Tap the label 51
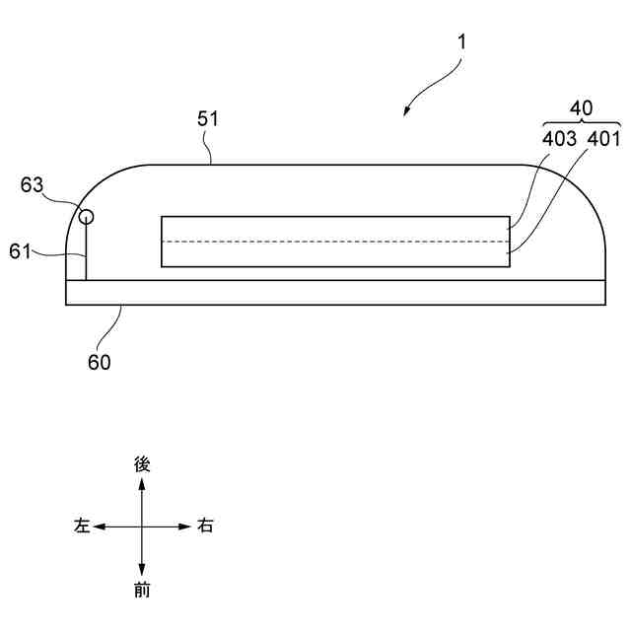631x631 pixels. pyautogui.click(x=208, y=119)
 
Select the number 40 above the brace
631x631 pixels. pyautogui.click(x=584, y=108)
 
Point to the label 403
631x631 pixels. pyautogui.click(x=560, y=139)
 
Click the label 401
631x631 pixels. pyautogui.click(x=603, y=139)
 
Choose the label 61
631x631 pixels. pyautogui.click(x=22, y=252)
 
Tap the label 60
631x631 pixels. pyautogui.click(x=100, y=362)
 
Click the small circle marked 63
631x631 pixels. pyautogui.click(x=87, y=216)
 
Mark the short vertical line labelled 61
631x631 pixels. pyautogui.click(x=87, y=252)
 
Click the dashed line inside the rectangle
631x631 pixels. pyautogui.click(x=335, y=242)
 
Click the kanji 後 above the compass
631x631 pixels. pyautogui.click(x=142, y=463)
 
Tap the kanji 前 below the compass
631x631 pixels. pyautogui.click(x=142, y=591)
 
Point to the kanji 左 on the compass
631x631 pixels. pyautogui.click(x=82, y=526)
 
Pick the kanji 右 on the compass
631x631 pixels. pyautogui.click(x=204, y=526)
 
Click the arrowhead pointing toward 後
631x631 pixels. pyautogui.click(x=142, y=484)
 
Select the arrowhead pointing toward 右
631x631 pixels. pyautogui.click(x=184, y=526)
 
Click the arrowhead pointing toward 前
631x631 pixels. pyautogui.click(x=142, y=570)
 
